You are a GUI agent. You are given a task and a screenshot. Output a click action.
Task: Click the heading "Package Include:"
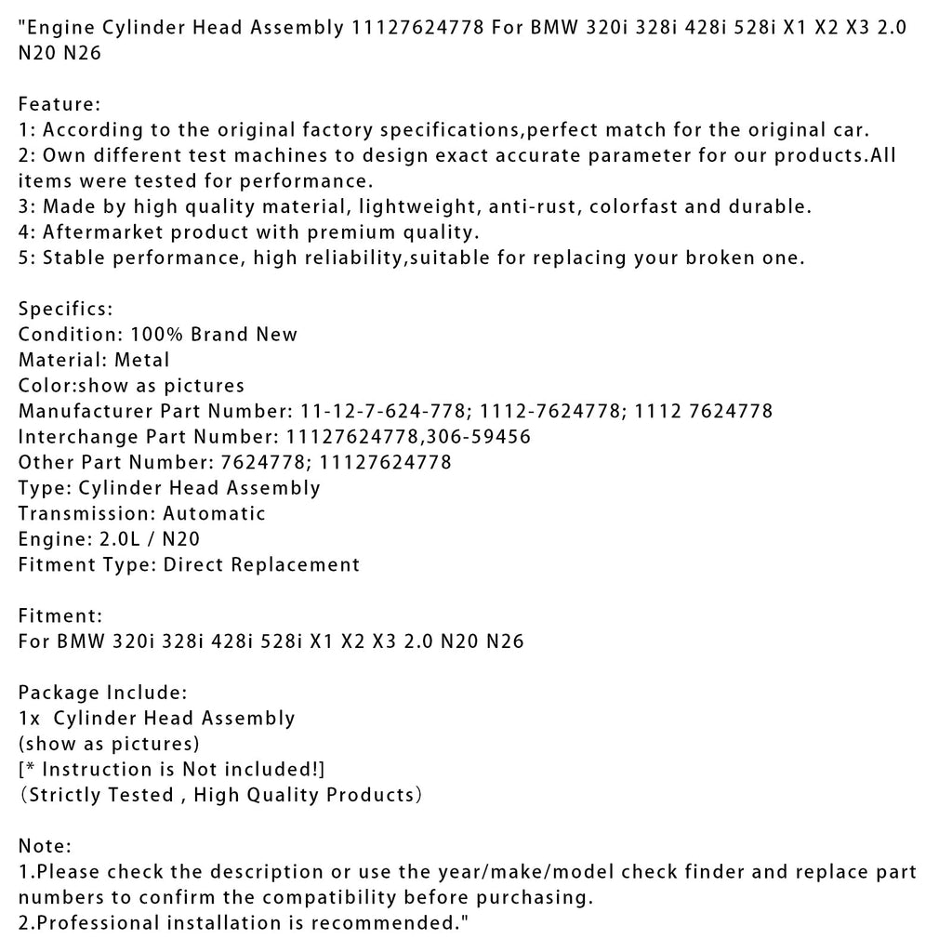coord(103,693)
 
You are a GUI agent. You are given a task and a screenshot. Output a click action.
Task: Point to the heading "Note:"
coord(45,846)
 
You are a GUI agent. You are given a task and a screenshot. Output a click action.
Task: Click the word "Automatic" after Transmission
coord(215,513)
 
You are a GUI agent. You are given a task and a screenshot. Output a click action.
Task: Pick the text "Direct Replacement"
coord(261,564)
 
